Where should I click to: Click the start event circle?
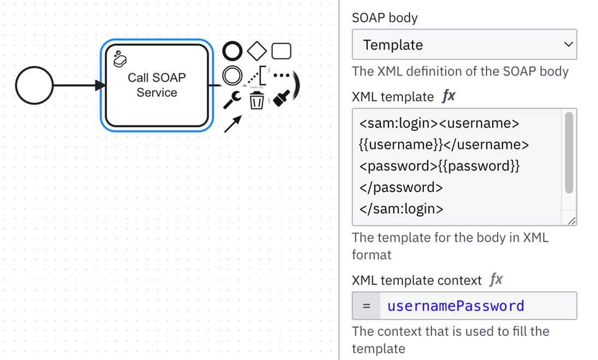[34, 86]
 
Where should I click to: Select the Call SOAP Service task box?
[157, 86]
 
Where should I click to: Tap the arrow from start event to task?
[76, 86]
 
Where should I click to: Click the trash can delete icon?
[256, 100]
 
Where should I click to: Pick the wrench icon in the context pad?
[232, 100]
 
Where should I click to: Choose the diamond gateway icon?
[256, 51]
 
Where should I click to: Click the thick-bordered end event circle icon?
[232, 51]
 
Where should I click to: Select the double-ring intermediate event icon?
[232, 75]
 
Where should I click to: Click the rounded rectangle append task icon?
[281, 51]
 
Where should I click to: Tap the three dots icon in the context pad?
[281, 75]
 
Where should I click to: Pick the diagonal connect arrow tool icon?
[232, 124]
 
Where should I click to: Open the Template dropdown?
[464, 45]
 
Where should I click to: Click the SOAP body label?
[385, 18]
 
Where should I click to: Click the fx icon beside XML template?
[448, 97]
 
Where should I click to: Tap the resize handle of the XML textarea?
[571, 220]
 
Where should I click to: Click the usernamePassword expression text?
[456, 306]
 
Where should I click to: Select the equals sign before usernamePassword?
[367, 306]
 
